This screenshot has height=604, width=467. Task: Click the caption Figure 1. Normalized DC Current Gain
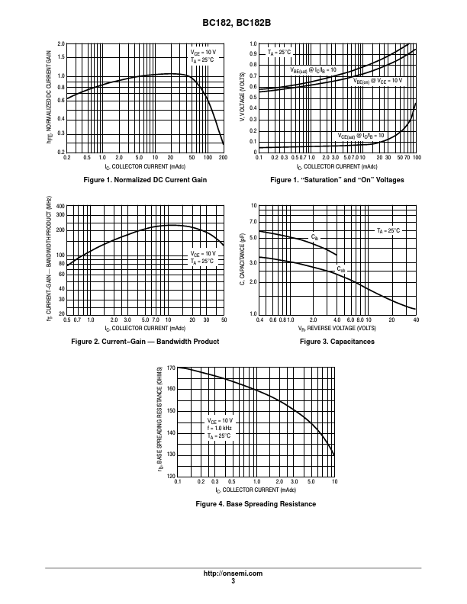click(145, 179)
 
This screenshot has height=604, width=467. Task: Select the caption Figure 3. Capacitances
click(337, 342)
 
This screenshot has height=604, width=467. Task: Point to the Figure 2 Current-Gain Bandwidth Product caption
click(145, 342)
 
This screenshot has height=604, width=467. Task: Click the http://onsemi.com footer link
click(233, 573)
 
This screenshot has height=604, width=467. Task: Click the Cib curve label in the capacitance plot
click(314, 237)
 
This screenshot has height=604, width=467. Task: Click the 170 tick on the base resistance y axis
click(171, 368)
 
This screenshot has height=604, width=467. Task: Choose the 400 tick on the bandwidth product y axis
click(60, 206)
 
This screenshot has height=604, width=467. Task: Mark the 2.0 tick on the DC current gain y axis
click(61, 44)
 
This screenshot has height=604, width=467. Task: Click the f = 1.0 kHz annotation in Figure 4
click(220, 429)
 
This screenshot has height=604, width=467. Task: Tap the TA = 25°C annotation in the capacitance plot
click(388, 230)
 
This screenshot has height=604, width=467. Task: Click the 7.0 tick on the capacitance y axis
click(253, 221)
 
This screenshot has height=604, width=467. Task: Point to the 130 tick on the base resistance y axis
click(171, 455)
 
